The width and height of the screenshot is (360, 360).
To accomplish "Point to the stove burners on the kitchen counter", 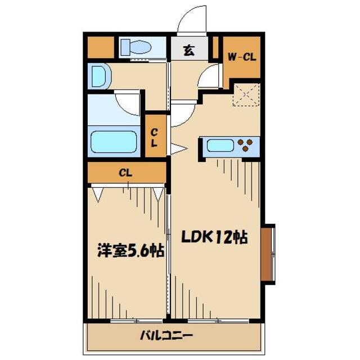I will pos(245,146).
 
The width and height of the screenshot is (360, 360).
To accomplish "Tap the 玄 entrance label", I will pos(188,51).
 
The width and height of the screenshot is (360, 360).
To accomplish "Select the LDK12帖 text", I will pos(214,237).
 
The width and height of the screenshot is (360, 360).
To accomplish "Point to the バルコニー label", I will pos(166,337).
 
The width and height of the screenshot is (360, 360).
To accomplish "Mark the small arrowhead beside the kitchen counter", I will pos(179,148).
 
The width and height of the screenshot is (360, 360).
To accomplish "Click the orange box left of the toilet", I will pos(100,47).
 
